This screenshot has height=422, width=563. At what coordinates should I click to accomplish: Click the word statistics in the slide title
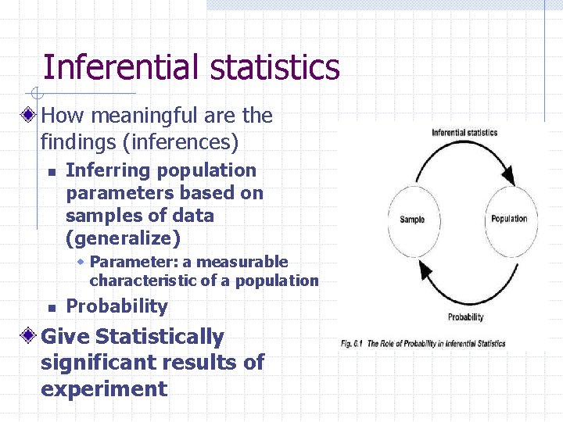click(274, 67)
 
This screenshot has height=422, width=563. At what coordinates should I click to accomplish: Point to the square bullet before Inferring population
click(50, 171)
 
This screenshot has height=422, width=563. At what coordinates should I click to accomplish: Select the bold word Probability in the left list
click(117, 306)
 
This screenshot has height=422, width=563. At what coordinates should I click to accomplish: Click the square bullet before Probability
click(50, 307)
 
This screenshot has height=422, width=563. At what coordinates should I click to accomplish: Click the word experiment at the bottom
click(104, 388)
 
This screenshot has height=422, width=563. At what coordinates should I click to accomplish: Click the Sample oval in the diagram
click(411, 220)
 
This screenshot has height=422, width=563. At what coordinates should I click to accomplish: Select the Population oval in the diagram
click(509, 219)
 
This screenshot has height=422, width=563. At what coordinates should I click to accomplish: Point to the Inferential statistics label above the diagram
click(464, 132)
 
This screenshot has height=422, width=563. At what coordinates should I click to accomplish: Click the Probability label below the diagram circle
click(465, 316)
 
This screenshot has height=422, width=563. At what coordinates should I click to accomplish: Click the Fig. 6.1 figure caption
click(423, 343)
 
